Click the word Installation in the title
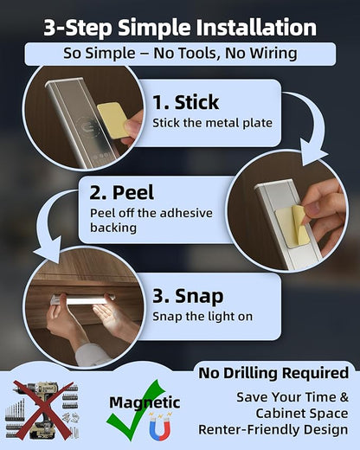point(257,28)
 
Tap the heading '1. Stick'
point(185,102)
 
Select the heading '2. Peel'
point(121,193)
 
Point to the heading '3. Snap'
point(188,297)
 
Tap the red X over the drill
point(42,409)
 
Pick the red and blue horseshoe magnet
point(160,426)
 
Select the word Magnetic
point(145,402)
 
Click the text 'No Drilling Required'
point(273,373)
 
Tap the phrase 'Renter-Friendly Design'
point(273,429)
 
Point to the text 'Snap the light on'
point(202,317)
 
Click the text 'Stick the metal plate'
point(212,123)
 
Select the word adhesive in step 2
point(186,213)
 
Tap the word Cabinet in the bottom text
point(283,414)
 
